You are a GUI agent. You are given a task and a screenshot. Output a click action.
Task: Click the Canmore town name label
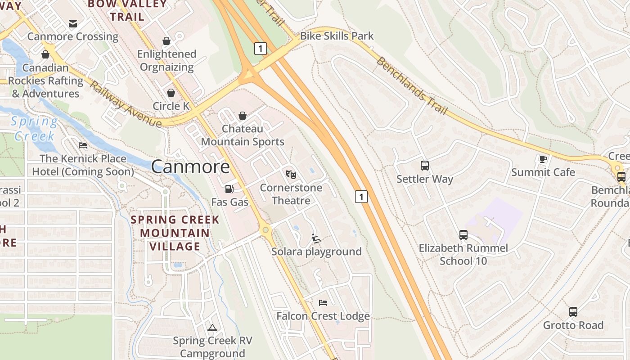190,167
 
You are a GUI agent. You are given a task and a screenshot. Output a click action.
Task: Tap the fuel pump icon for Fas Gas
229,189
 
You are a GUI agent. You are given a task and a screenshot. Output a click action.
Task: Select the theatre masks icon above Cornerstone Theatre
291,174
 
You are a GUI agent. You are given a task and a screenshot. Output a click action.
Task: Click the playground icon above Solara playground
316,238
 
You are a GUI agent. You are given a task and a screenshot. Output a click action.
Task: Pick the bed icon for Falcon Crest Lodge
323,302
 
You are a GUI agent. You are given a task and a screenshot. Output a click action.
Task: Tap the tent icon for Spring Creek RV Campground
212,327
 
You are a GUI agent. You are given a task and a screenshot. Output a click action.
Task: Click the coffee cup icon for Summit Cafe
543,158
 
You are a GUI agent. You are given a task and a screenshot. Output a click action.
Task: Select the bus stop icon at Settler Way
424,165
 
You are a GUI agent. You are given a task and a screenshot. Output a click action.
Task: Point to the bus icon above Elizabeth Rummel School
463,234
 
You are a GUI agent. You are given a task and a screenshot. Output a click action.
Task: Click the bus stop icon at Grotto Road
573,311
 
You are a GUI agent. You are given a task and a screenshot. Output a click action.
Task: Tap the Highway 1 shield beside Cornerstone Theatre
361,197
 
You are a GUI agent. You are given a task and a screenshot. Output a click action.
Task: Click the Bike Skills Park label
337,36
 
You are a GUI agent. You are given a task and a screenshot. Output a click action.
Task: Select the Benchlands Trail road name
411,86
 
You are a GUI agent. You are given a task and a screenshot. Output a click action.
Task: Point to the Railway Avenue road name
125,104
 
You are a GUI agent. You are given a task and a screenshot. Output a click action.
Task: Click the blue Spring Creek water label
34,129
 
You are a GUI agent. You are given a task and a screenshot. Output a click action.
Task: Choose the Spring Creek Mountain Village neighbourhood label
175,233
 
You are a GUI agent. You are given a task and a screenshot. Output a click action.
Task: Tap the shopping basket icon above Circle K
171,93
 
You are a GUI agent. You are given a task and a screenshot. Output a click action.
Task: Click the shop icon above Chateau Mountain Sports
243,116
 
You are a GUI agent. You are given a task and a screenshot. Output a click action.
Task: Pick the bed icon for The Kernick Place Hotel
83,145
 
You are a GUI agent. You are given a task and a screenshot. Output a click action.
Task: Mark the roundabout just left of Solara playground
266,230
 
